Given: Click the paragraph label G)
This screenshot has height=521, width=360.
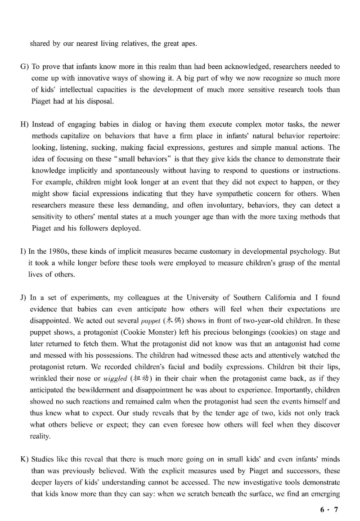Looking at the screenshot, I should pos(24,67).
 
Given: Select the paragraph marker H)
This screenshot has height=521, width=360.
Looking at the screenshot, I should pos(24,124).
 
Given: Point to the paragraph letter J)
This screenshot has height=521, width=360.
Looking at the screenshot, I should pos(24,297).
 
